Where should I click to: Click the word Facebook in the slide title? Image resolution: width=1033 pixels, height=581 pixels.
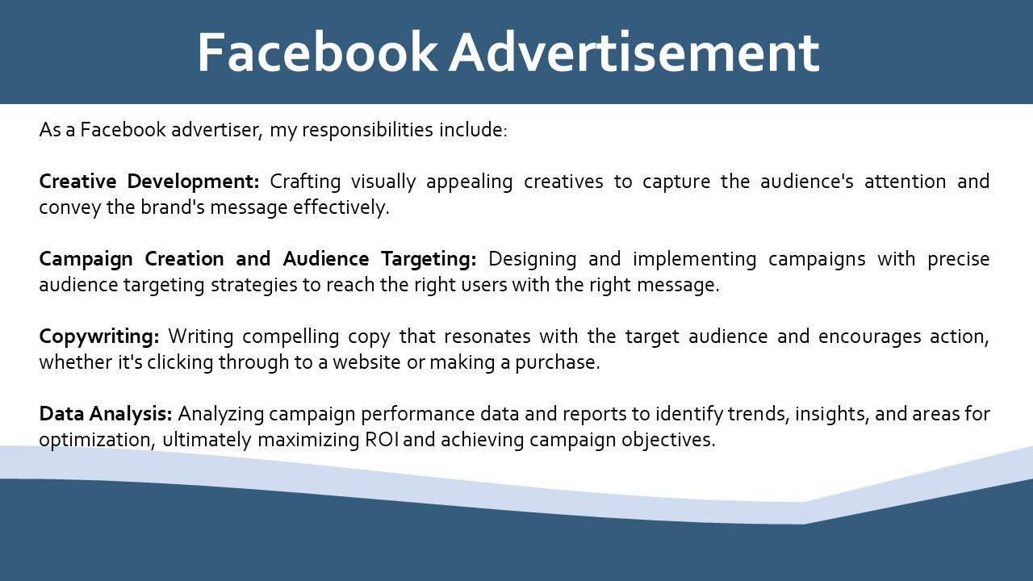(x=317, y=52)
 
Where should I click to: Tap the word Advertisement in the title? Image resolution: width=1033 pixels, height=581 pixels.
(x=634, y=52)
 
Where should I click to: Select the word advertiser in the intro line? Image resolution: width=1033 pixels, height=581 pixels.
(x=217, y=130)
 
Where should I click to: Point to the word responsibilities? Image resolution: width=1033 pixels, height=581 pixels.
(x=367, y=131)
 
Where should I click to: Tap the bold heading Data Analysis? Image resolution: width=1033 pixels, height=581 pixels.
(x=106, y=414)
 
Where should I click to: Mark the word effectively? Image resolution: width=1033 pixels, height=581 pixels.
(x=341, y=208)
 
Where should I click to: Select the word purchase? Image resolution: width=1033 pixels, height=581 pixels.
(x=558, y=363)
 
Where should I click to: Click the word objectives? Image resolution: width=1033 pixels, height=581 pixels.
(x=668, y=441)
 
